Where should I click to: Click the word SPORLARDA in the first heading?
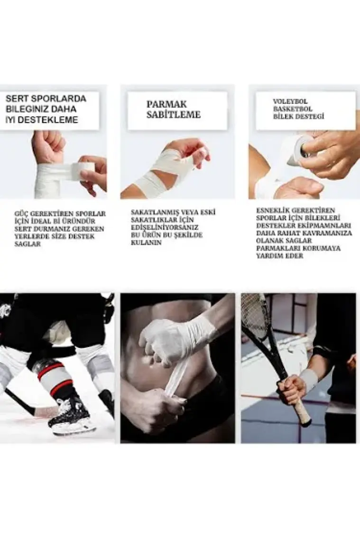(x=63, y=99)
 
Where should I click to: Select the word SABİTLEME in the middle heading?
(x=173, y=114)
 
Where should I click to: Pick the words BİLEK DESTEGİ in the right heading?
(x=298, y=116)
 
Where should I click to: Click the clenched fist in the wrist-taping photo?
(x=48, y=145)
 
